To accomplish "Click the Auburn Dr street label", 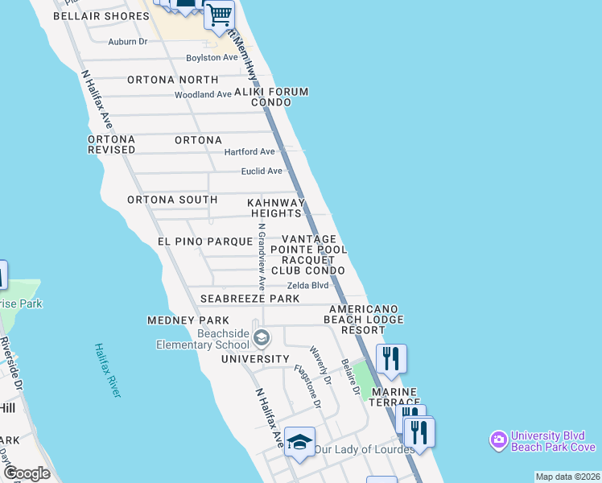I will [128, 41].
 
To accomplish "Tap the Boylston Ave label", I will [212, 58].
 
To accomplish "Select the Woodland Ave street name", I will [204, 95].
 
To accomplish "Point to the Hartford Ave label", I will [249, 151].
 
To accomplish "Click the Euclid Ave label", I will [262, 171].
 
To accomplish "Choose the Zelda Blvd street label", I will [307, 285].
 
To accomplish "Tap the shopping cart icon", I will [219, 14].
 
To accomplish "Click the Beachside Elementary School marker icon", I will [260, 336].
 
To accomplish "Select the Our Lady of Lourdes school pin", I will [299, 442].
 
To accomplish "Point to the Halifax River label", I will [107, 370].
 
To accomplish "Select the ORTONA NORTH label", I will [172, 80].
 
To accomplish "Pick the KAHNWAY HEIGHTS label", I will [276, 208].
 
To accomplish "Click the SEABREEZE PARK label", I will [249, 299].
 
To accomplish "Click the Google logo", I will [26, 473].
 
